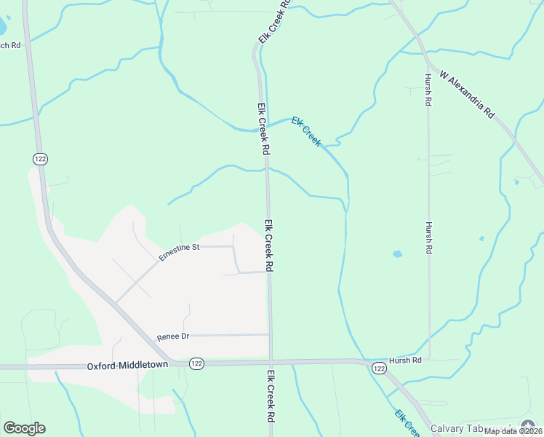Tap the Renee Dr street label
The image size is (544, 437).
click(173, 337)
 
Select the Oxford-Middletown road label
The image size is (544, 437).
click(127, 365)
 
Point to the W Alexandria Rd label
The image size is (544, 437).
click(467, 95)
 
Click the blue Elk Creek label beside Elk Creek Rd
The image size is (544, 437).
click(306, 131)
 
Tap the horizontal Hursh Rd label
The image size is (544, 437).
click(406, 360)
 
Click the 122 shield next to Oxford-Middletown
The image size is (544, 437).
click(196, 363)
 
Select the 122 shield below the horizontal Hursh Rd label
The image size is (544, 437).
click(379, 369)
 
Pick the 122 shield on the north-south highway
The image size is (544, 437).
click(39, 158)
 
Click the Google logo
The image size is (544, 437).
click(24, 428)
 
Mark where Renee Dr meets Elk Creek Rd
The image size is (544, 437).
click(270, 334)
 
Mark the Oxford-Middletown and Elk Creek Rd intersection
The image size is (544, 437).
click(271, 362)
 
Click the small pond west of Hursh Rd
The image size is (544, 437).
click(397, 254)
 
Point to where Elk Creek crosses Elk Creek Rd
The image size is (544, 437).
click(262, 128)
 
